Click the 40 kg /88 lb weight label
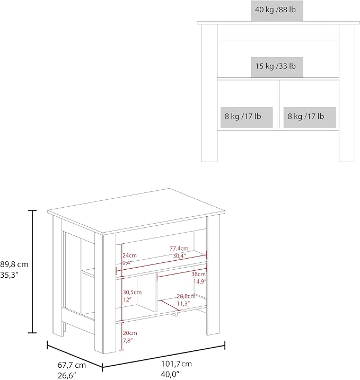pos(277,11)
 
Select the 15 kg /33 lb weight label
pos(277,67)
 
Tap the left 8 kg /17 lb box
pos(247,117)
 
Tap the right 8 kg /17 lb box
pos(310,117)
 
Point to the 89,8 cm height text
pos(14,264)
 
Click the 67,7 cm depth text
pos(72,365)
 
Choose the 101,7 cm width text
pos(177,364)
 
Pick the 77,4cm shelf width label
pos(179,249)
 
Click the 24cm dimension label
pos(129,255)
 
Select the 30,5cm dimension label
pos(132,292)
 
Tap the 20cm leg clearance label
pos(130,333)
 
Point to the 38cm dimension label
pos(198,274)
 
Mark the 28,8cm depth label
pos(186,296)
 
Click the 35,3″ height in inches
pos(10,275)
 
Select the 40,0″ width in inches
pos(170,374)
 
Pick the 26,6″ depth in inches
pos(67,376)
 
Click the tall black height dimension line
pos(32,271)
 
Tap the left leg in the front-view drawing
pos(209,93)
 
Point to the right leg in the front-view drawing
pos(347,93)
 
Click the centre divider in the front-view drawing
pos(278,104)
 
